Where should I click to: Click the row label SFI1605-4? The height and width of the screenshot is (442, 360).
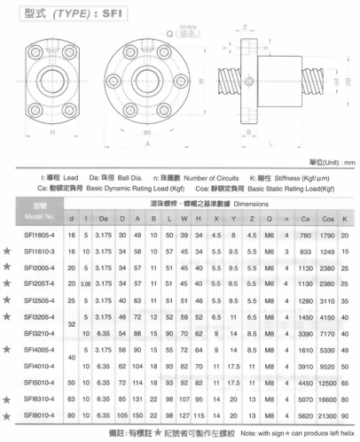[39, 236]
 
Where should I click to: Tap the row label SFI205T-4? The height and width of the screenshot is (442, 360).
[39, 283]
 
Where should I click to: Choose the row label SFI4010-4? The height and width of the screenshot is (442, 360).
[39, 364]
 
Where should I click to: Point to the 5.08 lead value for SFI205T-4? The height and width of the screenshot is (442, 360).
[85, 283]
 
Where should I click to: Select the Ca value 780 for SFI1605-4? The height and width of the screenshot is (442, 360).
[303, 236]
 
